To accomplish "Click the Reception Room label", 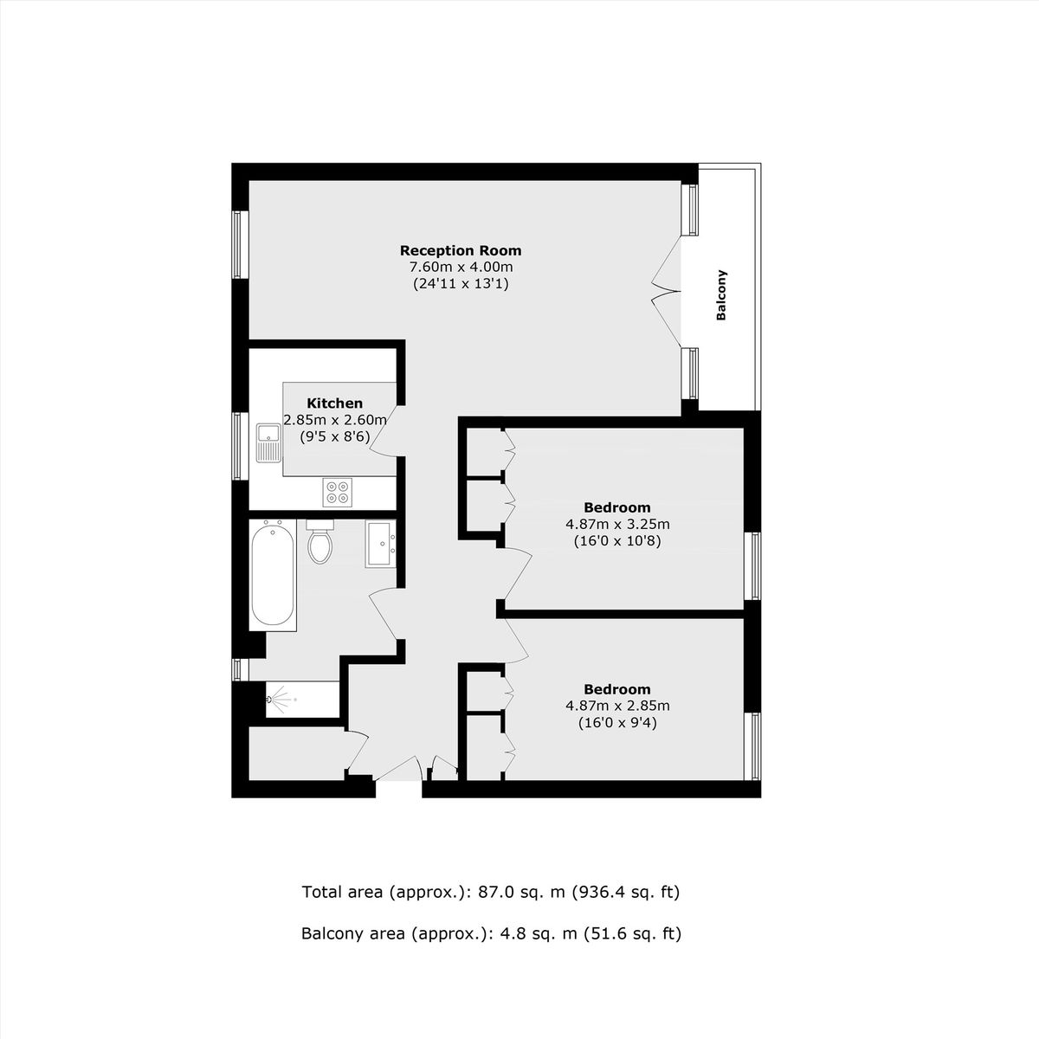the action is (x=461, y=251).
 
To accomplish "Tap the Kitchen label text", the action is (x=335, y=403).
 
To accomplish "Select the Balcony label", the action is (x=721, y=295).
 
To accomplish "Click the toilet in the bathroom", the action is (x=320, y=541).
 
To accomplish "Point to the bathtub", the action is (x=273, y=575).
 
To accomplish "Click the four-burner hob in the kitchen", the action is (x=338, y=493).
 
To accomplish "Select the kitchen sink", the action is (x=268, y=443).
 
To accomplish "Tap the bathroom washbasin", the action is (x=381, y=544).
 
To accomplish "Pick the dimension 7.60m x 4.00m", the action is (x=461, y=267).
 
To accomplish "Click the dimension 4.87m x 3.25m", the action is (x=617, y=524).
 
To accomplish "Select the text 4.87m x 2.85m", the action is (x=617, y=706).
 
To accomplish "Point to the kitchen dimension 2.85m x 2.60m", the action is (x=335, y=419).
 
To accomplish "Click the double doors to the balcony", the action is (x=668, y=292).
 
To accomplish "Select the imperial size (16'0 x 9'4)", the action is (x=617, y=722).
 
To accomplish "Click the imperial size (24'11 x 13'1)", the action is (x=461, y=284).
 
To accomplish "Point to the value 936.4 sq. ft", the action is (x=625, y=893).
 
